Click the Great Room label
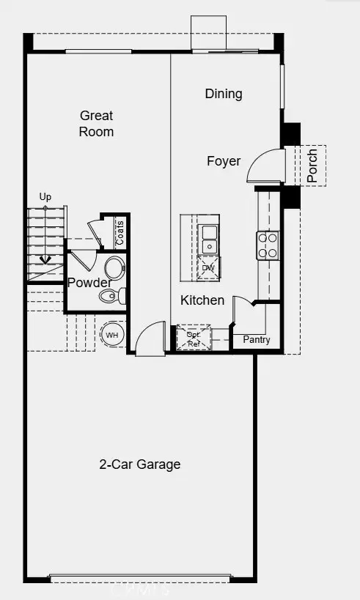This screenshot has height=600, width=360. [97, 123]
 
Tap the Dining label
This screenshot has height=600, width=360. [224, 94]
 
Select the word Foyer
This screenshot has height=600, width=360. [224, 161]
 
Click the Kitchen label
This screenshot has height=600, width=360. [202, 300]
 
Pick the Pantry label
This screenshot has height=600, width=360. [257, 340]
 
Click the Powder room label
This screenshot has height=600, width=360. [89, 283]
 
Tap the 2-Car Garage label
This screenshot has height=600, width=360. [140, 464]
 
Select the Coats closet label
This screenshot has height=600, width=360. [120, 233]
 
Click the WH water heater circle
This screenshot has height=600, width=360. [112, 336]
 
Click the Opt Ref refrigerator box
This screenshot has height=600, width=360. [194, 338]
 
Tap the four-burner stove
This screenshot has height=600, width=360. [268, 245]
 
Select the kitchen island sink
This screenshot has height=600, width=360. [209, 234]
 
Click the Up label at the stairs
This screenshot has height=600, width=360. [45, 197]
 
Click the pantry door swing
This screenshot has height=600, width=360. [244, 312]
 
